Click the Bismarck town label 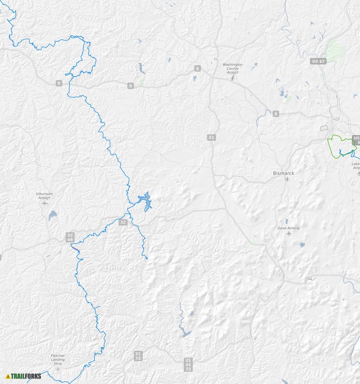point(283,173)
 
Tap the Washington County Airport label point(233,68)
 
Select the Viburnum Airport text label point(44,195)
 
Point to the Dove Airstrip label point(288,228)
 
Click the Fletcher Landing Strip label point(58,360)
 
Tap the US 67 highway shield point(318,61)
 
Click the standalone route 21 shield point(211,137)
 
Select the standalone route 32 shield point(123,222)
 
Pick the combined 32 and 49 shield point(70,237)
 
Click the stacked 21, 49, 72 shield point(188,365)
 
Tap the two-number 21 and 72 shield point(138,356)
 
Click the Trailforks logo point(24,376)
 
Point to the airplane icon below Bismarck point(287,179)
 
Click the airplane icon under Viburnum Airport point(45,203)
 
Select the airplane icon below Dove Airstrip point(289,234)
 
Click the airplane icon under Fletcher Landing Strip point(58,369)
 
